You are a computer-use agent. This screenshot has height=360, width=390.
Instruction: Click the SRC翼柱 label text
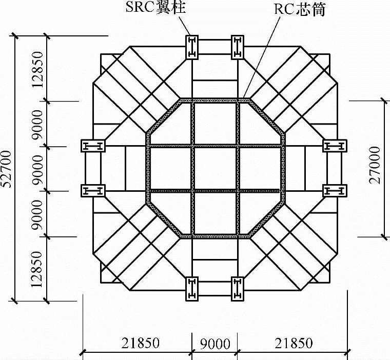tap(156, 7)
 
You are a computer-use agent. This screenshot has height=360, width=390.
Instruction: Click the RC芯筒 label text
tap(300, 9)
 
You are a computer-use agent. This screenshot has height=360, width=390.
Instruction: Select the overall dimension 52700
tap(7, 169)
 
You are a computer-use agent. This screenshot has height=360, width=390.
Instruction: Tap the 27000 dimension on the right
tap(375, 165)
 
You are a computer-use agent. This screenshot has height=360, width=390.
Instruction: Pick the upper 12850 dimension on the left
tap(38, 69)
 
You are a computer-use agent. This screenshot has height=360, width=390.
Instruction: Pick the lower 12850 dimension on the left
tap(37, 269)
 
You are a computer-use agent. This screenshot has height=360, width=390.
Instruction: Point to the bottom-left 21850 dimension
tap(141, 343)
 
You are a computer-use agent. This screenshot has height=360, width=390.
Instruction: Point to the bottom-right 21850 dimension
tap(294, 343)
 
